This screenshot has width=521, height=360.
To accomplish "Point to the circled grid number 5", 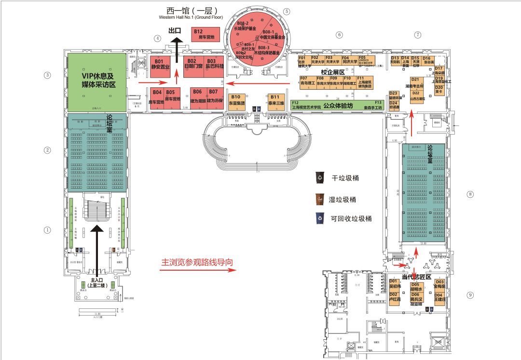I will pyautogui.click(x=287, y=11).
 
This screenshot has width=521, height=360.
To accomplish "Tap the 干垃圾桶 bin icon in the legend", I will pyautogui.click(x=319, y=178).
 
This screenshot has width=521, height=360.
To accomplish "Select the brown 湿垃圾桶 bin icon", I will pyautogui.click(x=319, y=198).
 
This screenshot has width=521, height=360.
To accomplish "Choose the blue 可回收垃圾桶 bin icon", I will pyautogui.click(x=319, y=218).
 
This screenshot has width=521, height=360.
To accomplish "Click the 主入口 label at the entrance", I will pyautogui.click(x=97, y=282).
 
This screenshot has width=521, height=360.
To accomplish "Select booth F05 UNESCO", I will pyautogui.click(x=366, y=61).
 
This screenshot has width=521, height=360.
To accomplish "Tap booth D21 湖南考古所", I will pyautogui.click(x=418, y=83).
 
